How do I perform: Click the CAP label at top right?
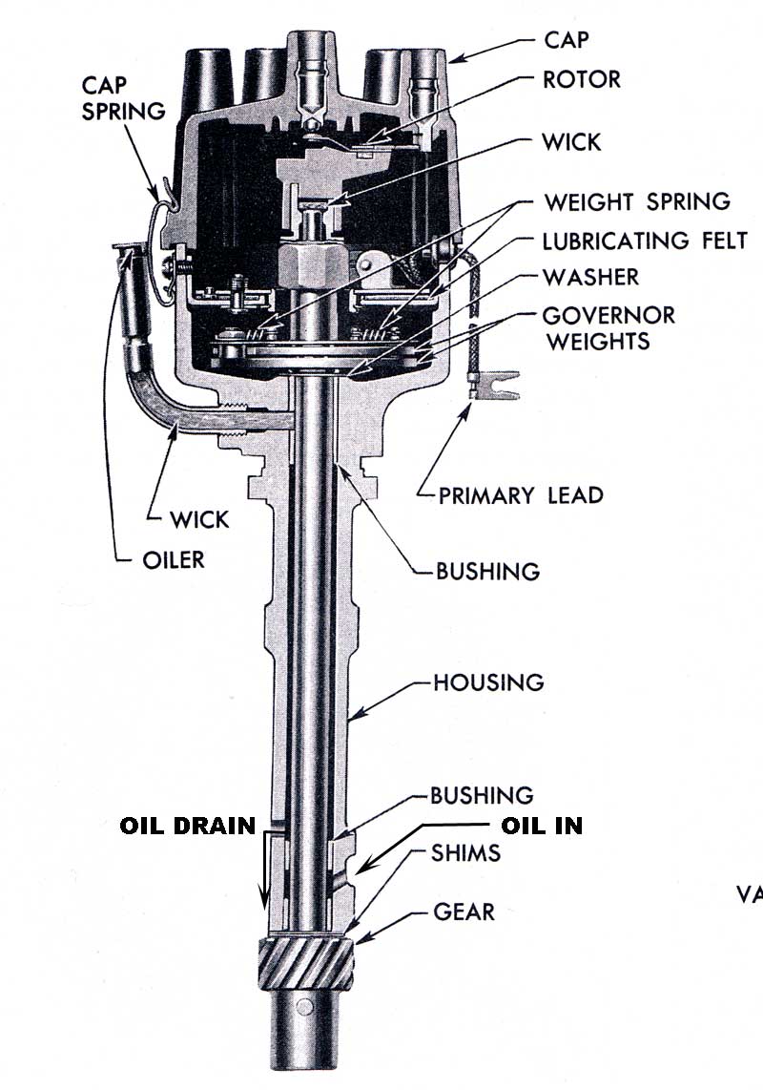[x=567, y=40]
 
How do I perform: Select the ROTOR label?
[x=581, y=79]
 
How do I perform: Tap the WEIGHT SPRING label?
[x=636, y=202]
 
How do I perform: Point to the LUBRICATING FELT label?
[x=645, y=240]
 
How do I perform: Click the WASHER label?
[x=590, y=278]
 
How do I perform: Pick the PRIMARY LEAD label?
[x=520, y=495]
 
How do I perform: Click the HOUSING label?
[x=488, y=683]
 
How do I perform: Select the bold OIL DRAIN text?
[x=188, y=826]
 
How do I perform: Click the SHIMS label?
[x=466, y=853]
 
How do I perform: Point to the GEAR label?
[x=464, y=912]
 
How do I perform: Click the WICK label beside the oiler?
[x=199, y=520]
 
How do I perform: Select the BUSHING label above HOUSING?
[x=487, y=572]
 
